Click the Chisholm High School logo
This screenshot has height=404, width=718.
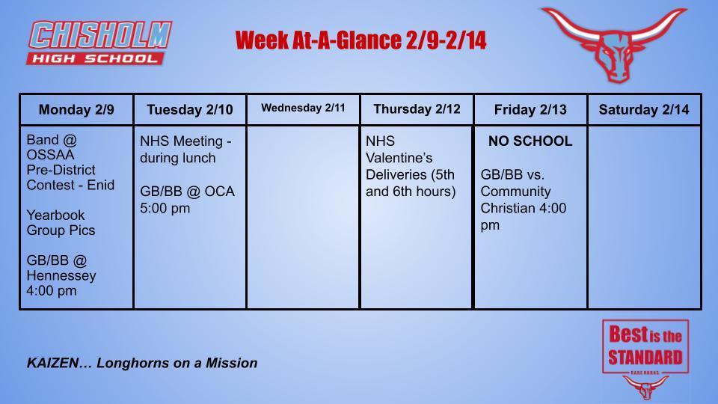[100, 43]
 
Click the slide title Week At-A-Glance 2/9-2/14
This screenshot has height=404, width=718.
[360, 40]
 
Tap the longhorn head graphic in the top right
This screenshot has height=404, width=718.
[613, 44]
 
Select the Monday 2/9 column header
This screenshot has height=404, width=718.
[76, 110]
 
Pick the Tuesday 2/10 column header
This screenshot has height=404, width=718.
[190, 110]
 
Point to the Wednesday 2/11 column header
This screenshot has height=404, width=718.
[303, 108]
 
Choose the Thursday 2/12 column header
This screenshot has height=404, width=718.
[417, 109]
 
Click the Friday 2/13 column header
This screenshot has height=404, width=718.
[530, 110]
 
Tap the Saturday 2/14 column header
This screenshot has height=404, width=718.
[644, 110]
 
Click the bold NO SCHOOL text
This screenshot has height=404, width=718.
[530, 141]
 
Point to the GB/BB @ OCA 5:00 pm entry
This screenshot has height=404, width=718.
[187, 199]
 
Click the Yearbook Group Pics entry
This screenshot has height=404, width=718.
[61, 222]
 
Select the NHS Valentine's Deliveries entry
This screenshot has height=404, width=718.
[411, 166]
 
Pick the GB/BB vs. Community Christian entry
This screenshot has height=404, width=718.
[524, 199]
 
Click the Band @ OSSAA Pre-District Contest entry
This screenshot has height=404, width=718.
[70, 162]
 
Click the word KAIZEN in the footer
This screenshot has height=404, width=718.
[54, 363]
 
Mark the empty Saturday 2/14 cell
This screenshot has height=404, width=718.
[644, 217]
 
